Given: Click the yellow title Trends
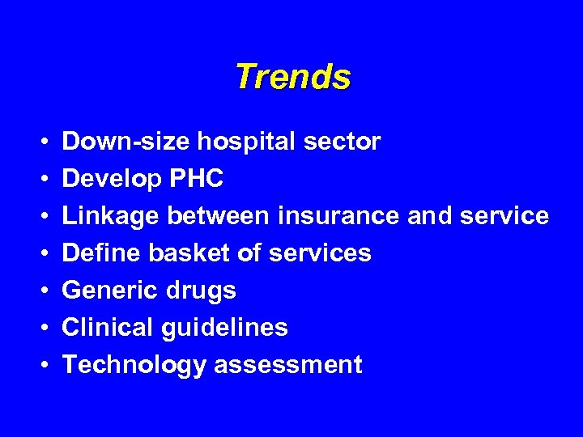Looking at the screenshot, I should pyautogui.click(x=292, y=78).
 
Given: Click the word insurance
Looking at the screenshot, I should pyautogui.click(x=338, y=217).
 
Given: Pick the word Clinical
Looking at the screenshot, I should pyautogui.click(x=109, y=328).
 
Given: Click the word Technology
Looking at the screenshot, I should pyautogui.click(x=134, y=365).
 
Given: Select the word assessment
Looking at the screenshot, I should pyautogui.click(x=287, y=365).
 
